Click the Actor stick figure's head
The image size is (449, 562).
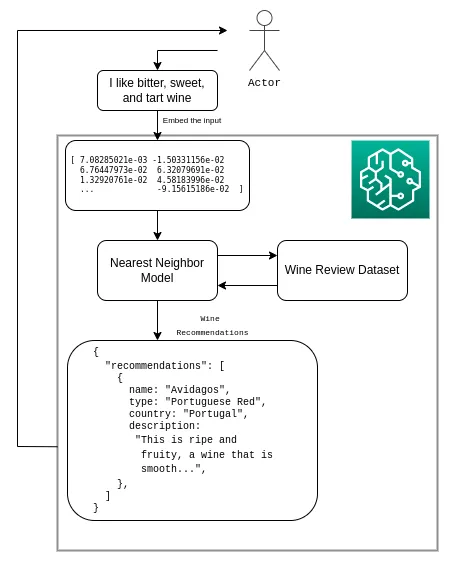coord(264,18)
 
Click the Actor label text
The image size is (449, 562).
coord(264,82)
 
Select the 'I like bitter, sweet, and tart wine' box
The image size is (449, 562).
coord(157,91)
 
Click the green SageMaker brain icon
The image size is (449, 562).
coord(389,179)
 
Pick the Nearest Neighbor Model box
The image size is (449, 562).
coord(157,270)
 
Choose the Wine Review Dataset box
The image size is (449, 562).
coord(342,270)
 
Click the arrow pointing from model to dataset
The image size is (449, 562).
coord(247,255)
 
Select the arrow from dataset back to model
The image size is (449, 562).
coord(247,286)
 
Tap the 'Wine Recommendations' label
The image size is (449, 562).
coord(211,325)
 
